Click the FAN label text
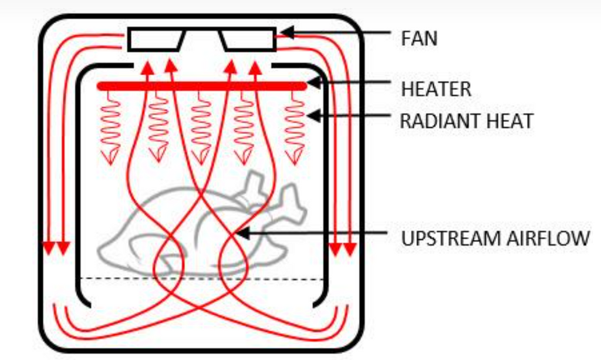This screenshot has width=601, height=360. point(419,39)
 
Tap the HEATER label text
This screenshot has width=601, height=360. point(436,89)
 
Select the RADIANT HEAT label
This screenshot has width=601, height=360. point(466,121)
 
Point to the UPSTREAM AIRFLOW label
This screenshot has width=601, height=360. point(495,238)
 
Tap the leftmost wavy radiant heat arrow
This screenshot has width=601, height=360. point(110,127)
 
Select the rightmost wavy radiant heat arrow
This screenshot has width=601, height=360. point(294,127)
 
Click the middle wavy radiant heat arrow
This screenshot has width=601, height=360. point(201,127)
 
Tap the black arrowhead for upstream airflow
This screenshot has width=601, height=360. point(242,234)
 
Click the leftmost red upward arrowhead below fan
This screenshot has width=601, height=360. point(147,66)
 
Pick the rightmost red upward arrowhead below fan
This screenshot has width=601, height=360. point(255,66)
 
